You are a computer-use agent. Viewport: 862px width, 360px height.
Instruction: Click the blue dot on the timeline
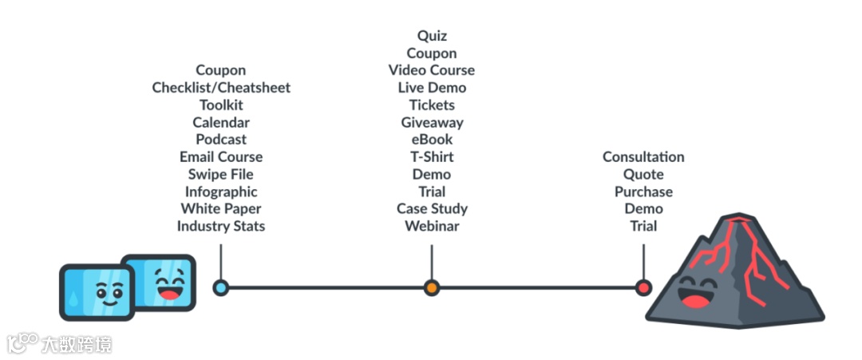point(221,287)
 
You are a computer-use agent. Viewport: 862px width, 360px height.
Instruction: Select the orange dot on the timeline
point(432,287)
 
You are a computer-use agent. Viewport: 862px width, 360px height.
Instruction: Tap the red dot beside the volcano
point(643,287)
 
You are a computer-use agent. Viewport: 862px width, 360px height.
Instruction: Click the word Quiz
point(432,36)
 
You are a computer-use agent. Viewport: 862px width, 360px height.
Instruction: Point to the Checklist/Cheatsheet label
point(221,88)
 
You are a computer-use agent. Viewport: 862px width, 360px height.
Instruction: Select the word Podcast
point(221,140)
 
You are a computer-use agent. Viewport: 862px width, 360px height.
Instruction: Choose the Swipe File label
point(221,174)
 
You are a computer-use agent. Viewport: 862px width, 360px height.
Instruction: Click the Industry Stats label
point(221,226)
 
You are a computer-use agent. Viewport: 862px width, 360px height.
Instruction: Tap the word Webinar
point(432,226)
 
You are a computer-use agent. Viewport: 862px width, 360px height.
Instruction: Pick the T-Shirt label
point(432,156)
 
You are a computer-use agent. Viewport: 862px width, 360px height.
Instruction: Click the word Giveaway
point(432,122)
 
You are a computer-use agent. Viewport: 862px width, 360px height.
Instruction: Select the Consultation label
point(643,157)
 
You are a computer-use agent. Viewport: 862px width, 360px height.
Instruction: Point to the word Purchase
point(643,192)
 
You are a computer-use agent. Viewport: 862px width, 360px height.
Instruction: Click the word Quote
point(643,174)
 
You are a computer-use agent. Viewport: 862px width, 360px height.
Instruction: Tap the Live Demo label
point(432,88)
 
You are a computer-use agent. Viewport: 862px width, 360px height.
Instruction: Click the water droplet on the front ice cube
point(74,297)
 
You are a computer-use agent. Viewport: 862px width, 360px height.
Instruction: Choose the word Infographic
point(221,192)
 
